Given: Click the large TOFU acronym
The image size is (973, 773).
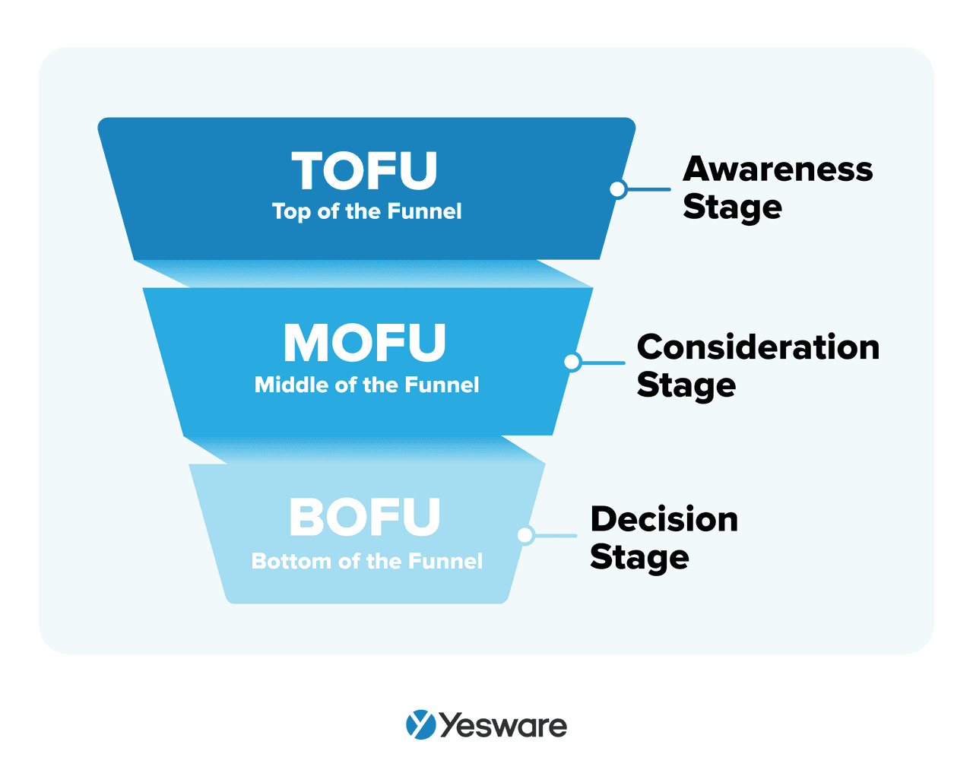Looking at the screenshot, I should tap(365, 171).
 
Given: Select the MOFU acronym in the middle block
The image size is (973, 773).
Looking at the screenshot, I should tap(365, 344).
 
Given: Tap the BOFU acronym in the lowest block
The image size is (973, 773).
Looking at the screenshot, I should tap(365, 518).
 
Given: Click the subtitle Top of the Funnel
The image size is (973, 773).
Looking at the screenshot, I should tap(366, 211).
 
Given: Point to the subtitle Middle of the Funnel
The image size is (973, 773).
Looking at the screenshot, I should tap(366, 385).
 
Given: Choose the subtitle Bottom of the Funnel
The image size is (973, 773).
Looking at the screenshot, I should tap(366, 561).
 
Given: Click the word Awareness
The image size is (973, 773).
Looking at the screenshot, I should tap(778, 169).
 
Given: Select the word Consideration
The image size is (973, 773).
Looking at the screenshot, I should tap(758, 347).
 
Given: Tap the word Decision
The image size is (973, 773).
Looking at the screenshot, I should tap(664, 520).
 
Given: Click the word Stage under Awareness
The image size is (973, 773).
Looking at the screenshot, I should tap(732, 208).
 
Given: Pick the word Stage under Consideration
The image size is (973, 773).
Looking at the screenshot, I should tap(686, 385).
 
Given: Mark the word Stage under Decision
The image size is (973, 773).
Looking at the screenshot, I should tap(639, 558).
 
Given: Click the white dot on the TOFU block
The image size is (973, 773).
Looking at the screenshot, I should tap(618, 189).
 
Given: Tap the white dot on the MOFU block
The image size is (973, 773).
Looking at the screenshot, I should tap(572, 363).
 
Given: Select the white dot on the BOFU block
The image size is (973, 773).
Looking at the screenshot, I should tap(525, 535).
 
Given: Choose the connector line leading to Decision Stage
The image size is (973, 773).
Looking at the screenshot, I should tap(556, 535).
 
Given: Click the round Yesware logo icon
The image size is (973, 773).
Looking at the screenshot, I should tap(420, 725).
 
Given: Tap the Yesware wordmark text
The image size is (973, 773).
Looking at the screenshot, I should tap(503, 726).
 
